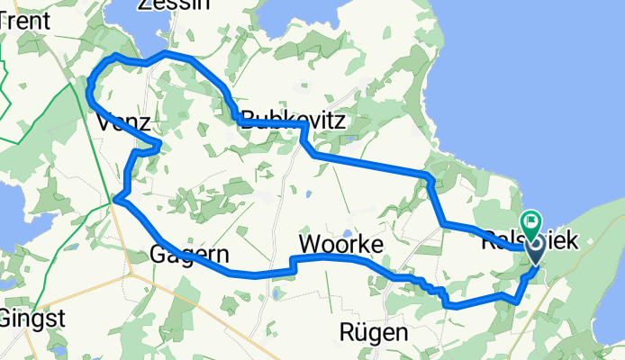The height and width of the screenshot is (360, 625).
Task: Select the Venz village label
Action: pyautogui.click(x=117, y=121)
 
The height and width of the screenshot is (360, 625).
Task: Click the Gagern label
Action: pyautogui.click(x=189, y=253)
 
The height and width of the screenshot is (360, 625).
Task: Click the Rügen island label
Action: pyautogui.click(x=374, y=332)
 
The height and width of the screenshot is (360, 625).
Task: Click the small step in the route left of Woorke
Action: pyautogui.click(x=292, y=265)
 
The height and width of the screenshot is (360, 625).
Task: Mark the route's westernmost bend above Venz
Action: pyautogui.click(x=89, y=90)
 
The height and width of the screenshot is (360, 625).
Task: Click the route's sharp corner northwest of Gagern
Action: pyautogui.click(x=117, y=199)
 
